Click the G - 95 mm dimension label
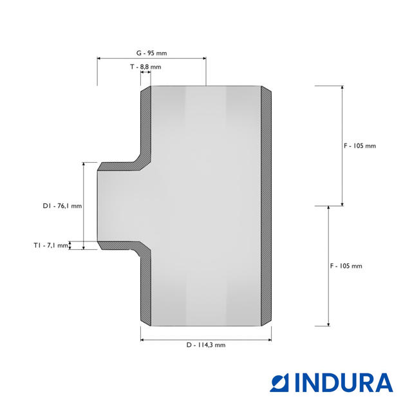coord(152,53)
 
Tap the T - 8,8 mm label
coord(145,67)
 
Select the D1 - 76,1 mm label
coord(62,206)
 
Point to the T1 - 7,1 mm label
coord(51,245)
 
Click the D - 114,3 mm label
coord(206,345)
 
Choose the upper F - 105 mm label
coord(360,145)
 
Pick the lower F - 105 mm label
coord(346,266)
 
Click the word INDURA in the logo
coord(344,382)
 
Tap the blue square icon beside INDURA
coord(279,382)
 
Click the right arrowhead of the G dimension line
coord(205,59)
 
